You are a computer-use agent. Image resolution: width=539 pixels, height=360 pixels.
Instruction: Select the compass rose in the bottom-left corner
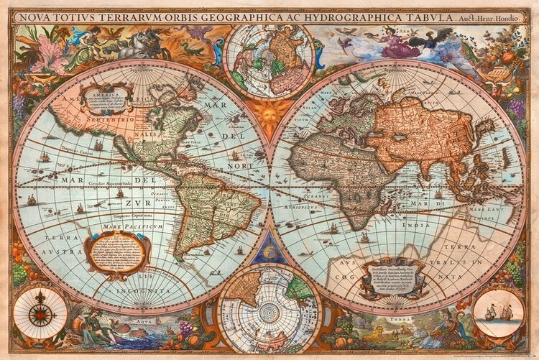point(41,313)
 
